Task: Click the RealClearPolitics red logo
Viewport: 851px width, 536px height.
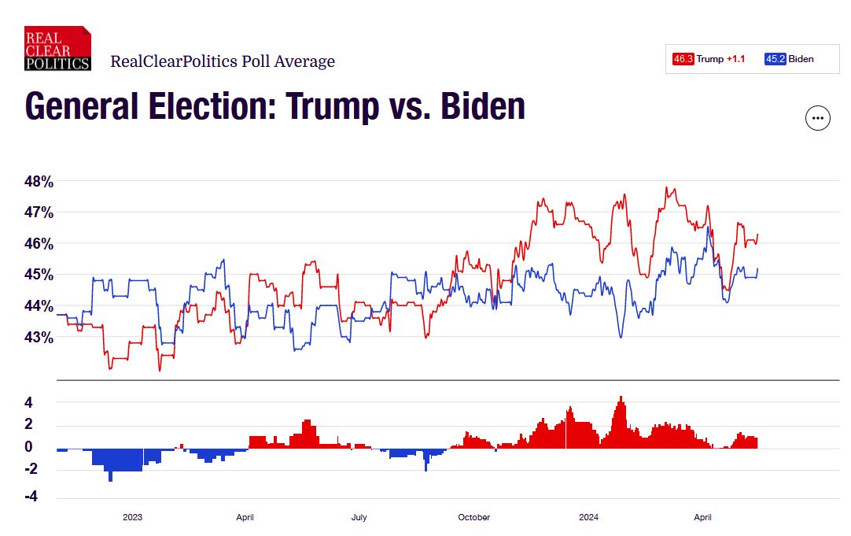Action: [57, 49]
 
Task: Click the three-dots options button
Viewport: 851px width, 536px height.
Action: [818, 118]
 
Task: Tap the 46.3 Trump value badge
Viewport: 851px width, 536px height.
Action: [683, 59]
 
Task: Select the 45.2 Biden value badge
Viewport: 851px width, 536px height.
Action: [775, 59]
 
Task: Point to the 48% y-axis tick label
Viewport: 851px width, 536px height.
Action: [39, 182]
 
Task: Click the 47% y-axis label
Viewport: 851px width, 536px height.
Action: [39, 213]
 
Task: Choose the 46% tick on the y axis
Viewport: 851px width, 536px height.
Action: [39, 244]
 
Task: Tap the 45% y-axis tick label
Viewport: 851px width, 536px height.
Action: [39, 275]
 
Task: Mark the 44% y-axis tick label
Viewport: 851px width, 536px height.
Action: [39, 306]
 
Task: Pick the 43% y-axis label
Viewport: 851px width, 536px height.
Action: [39, 337]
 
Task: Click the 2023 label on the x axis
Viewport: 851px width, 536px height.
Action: [132, 517]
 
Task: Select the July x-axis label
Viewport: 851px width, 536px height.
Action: [359, 517]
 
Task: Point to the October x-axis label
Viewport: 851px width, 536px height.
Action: [473, 517]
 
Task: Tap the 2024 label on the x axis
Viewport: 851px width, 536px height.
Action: [588, 517]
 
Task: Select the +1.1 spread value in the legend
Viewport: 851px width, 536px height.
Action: [735, 59]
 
